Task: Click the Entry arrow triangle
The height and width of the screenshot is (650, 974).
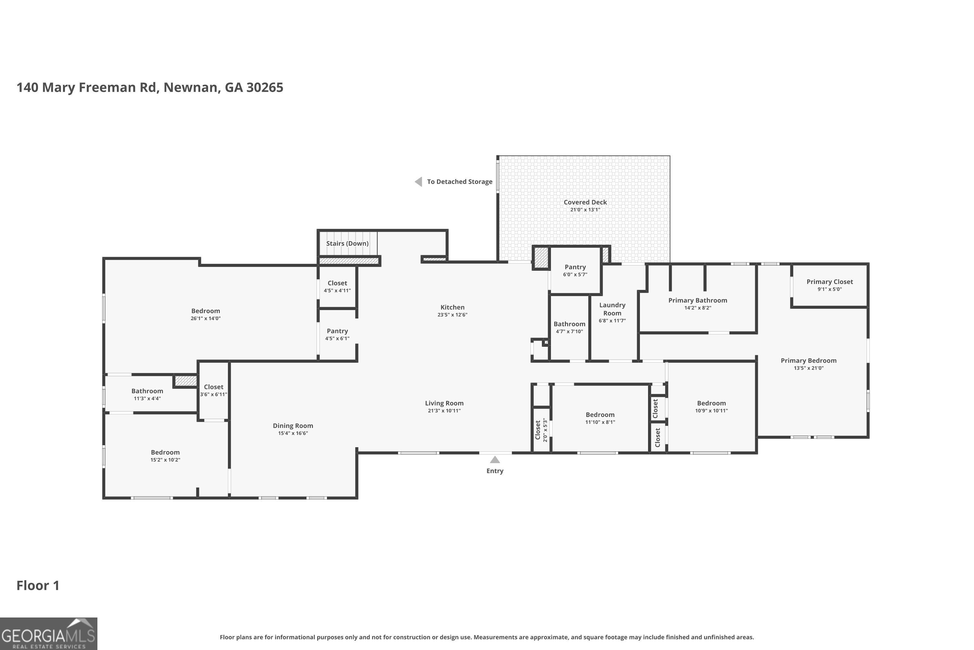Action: tap(495, 460)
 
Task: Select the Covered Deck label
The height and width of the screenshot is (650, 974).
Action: tap(585, 202)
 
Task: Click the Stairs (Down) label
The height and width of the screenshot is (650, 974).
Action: tap(347, 243)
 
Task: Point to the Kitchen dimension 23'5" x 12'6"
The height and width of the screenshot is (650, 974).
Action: tap(452, 315)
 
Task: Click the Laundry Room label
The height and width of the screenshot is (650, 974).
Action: tap(612, 309)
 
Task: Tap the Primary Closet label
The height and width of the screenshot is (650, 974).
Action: tap(830, 282)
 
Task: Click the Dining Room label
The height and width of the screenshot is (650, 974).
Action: tap(293, 426)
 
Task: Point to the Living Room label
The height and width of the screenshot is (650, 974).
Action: tap(444, 403)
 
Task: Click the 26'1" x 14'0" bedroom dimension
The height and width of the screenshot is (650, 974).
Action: tap(206, 318)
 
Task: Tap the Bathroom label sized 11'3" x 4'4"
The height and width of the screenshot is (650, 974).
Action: tap(147, 391)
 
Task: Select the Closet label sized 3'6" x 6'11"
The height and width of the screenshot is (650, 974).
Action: tap(213, 387)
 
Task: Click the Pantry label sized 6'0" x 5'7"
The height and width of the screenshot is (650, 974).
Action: tap(575, 267)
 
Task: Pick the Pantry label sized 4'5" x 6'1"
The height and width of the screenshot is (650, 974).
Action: tap(337, 331)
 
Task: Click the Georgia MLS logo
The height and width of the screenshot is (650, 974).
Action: tap(48, 633)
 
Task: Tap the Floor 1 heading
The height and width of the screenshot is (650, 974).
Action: tap(38, 585)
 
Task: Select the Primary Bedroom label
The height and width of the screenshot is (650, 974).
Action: tap(808, 361)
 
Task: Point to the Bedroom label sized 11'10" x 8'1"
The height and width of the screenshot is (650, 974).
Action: tap(600, 415)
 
